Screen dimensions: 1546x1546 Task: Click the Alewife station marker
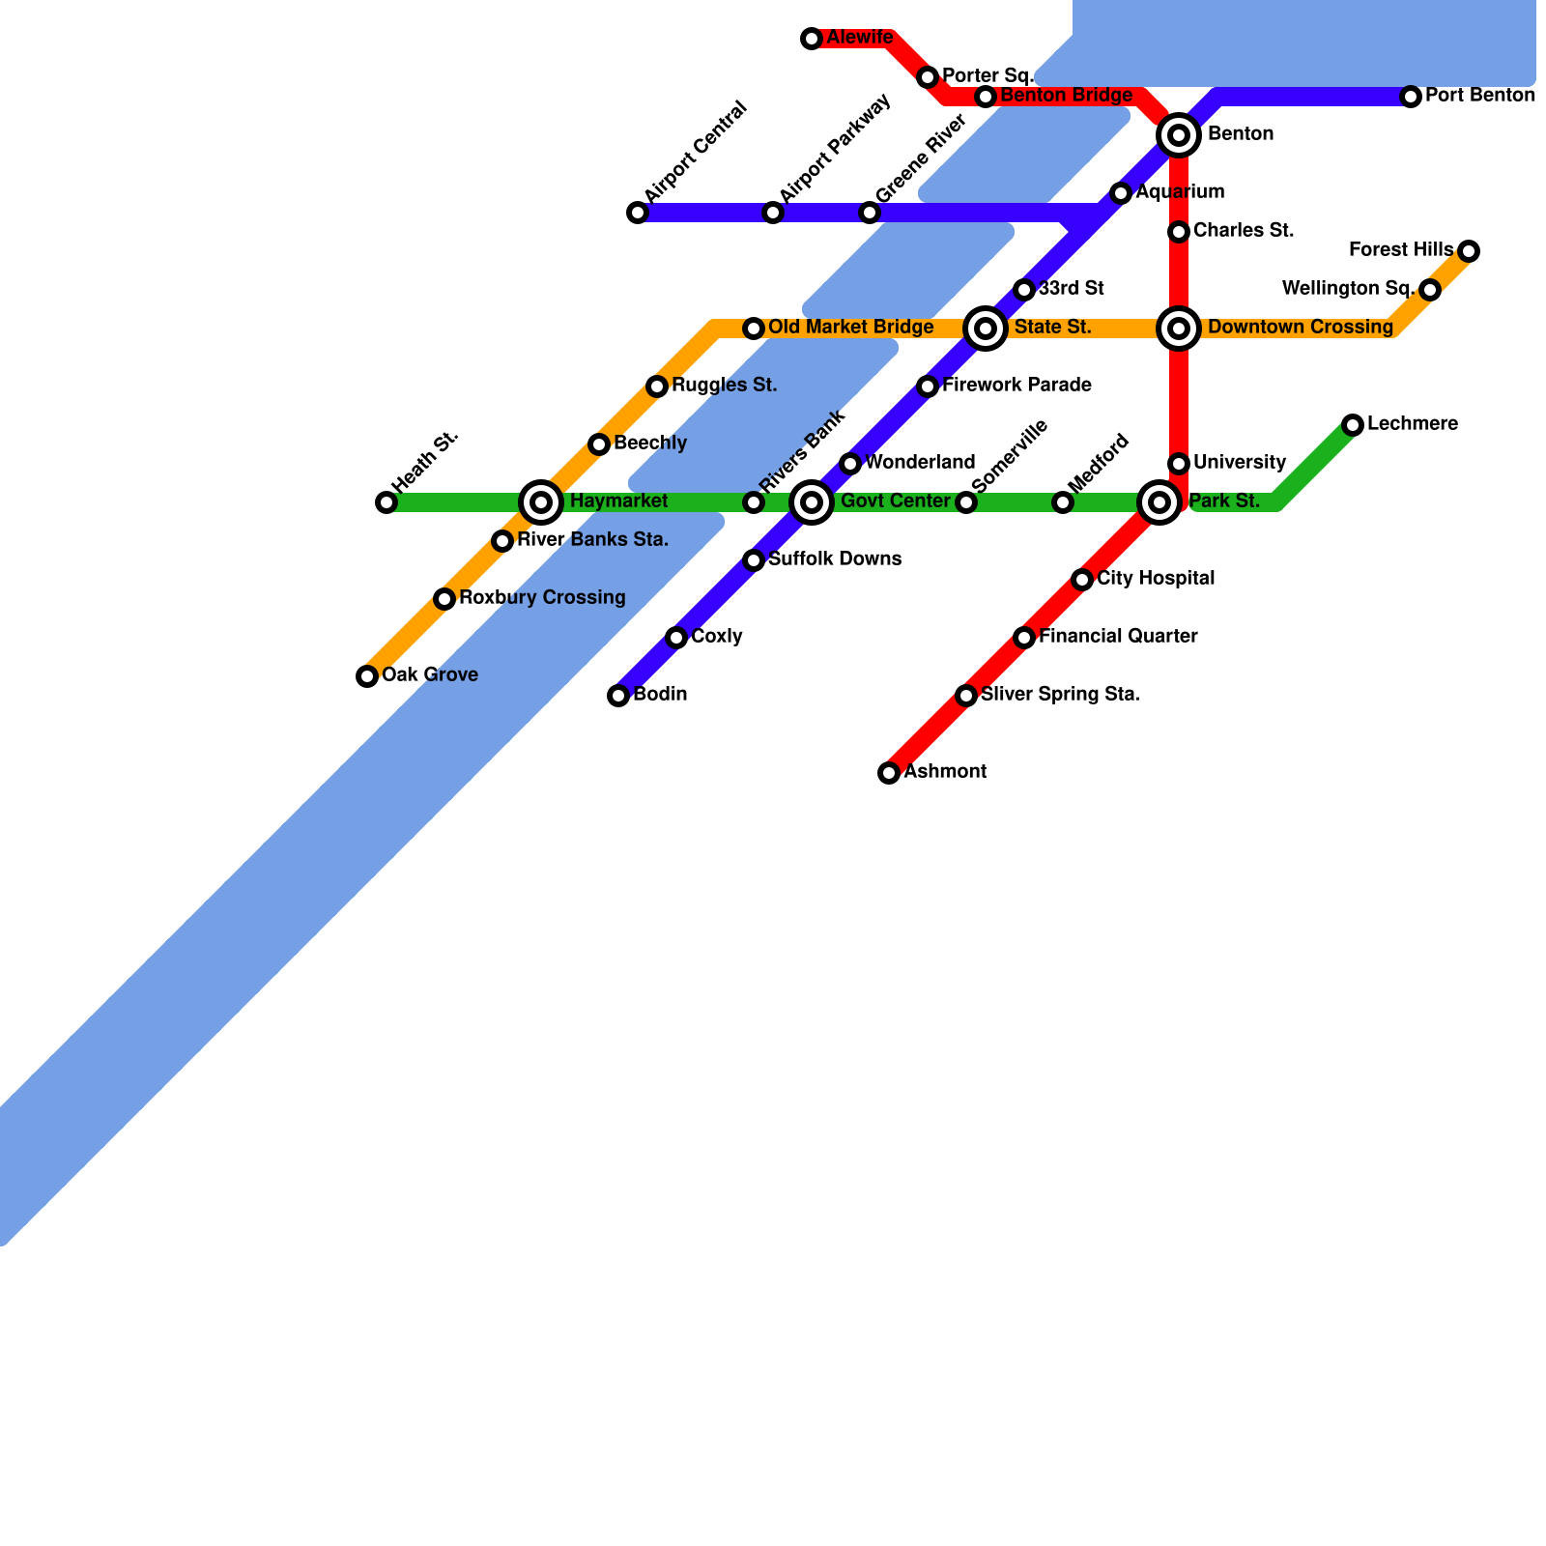812,39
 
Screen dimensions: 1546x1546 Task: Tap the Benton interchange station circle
1179,135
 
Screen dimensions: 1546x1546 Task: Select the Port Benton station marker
1411,97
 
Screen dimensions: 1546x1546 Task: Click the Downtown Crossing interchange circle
1179,329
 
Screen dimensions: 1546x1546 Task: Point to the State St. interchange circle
986,329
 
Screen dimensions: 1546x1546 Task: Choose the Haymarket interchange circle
541,502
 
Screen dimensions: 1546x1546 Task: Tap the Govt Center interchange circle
812,502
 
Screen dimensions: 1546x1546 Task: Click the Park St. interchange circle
1159,502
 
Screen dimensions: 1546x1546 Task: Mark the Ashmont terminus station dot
889,773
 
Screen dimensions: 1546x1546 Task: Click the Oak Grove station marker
367,676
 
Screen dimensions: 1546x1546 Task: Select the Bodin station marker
618,696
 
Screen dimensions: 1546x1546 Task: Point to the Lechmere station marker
1353,425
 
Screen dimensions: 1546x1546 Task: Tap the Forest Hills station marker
1469,251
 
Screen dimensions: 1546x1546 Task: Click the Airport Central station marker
638,213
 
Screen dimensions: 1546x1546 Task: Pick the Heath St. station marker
386,502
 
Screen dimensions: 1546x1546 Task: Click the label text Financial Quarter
1118,637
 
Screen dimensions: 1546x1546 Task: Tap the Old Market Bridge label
850,328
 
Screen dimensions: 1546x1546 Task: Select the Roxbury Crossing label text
542,598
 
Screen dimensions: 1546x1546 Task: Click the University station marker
1179,464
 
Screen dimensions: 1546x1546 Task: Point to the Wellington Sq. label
1348,289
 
